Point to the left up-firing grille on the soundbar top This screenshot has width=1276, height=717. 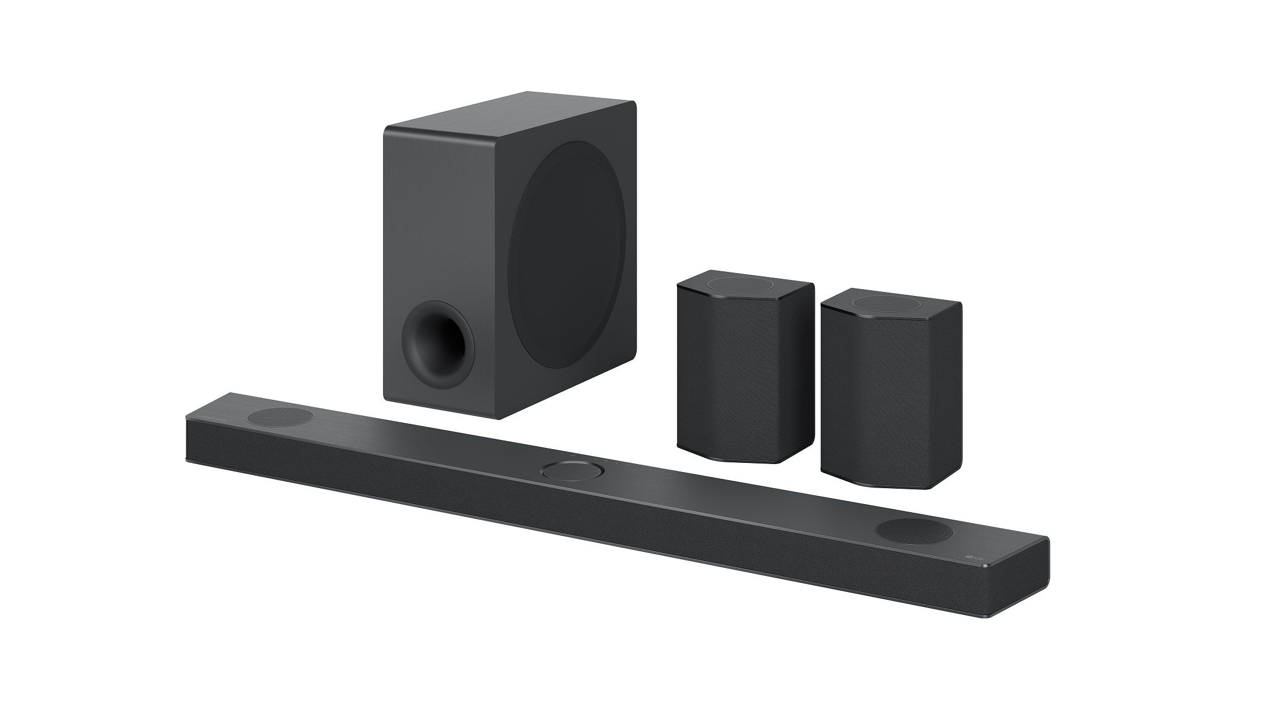[281, 416]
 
